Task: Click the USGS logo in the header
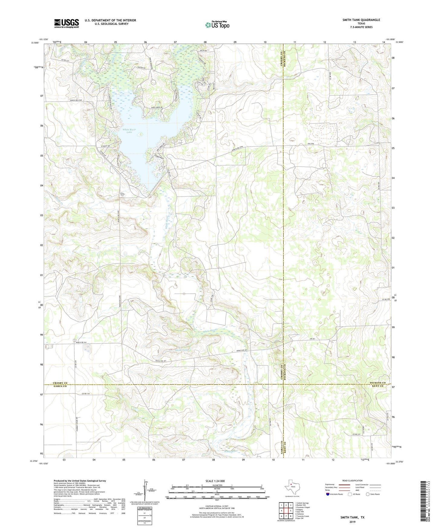point(67,23)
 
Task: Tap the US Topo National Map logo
point(217,24)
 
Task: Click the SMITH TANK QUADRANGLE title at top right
point(361,20)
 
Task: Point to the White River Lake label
point(129,131)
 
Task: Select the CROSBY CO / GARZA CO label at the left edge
point(59,385)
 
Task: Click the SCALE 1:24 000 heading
point(215,481)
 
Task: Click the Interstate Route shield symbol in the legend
point(328,494)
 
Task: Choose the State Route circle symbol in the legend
point(367,494)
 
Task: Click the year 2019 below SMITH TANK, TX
point(352,522)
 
